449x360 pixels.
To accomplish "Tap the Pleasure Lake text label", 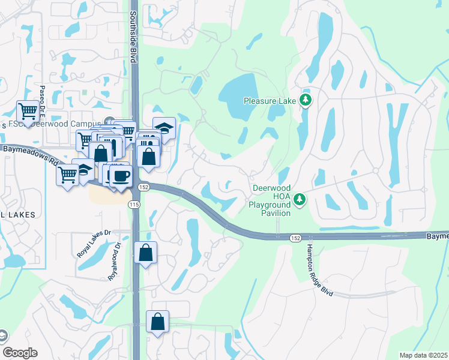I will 270,101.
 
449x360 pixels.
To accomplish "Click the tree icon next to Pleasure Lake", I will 306,100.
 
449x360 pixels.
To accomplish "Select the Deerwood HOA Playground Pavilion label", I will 271,200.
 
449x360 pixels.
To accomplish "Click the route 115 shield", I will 131,205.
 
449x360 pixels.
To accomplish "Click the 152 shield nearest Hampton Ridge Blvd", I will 294,238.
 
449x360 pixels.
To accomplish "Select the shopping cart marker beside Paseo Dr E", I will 28,111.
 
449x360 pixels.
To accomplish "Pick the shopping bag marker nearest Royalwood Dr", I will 145,253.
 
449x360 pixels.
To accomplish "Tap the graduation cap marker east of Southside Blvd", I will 164,128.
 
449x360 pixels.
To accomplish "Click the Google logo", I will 20,353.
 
